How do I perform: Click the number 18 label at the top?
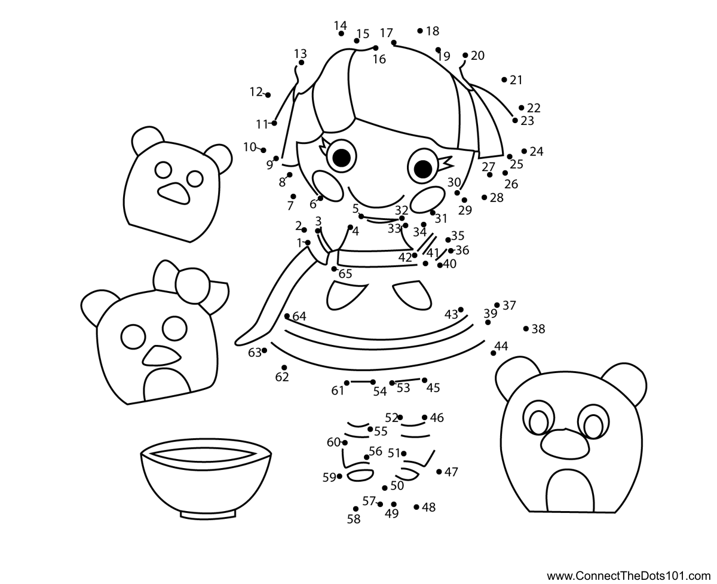pyautogui.click(x=433, y=31)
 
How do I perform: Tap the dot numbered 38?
pyautogui.click(x=526, y=328)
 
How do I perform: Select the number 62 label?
pyautogui.click(x=282, y=377)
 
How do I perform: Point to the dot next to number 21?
pyautogui.click(x=504, y=80)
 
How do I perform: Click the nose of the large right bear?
pyautogui.click(x=565, y=444)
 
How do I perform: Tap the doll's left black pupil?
pyautogui.click(x=342, y=158)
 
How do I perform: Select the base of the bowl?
pyautogui.click(x=208, y=515)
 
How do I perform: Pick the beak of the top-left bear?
pyautogui.click(x=174, y=194)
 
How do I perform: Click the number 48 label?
pyautogui.click(x=428, y=507)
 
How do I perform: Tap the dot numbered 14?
pyautogui.click(x=341, y=33)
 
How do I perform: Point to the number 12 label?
pyautogui.click(x=256, y=91)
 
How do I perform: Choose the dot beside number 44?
pyautogui.click(x=493, y=353)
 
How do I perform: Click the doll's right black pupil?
pyautogui.click(x=423, y=169)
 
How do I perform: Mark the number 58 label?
pyautogui.click(x=354, y=519)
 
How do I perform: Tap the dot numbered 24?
pyautogui.click(x=524, y=151)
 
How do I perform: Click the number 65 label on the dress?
pyautogui.click(x=345, y=274)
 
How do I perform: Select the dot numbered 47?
pyautogui.click(x=439, y=472)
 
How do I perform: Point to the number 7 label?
pyautogui.click(x=290, y=206)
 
